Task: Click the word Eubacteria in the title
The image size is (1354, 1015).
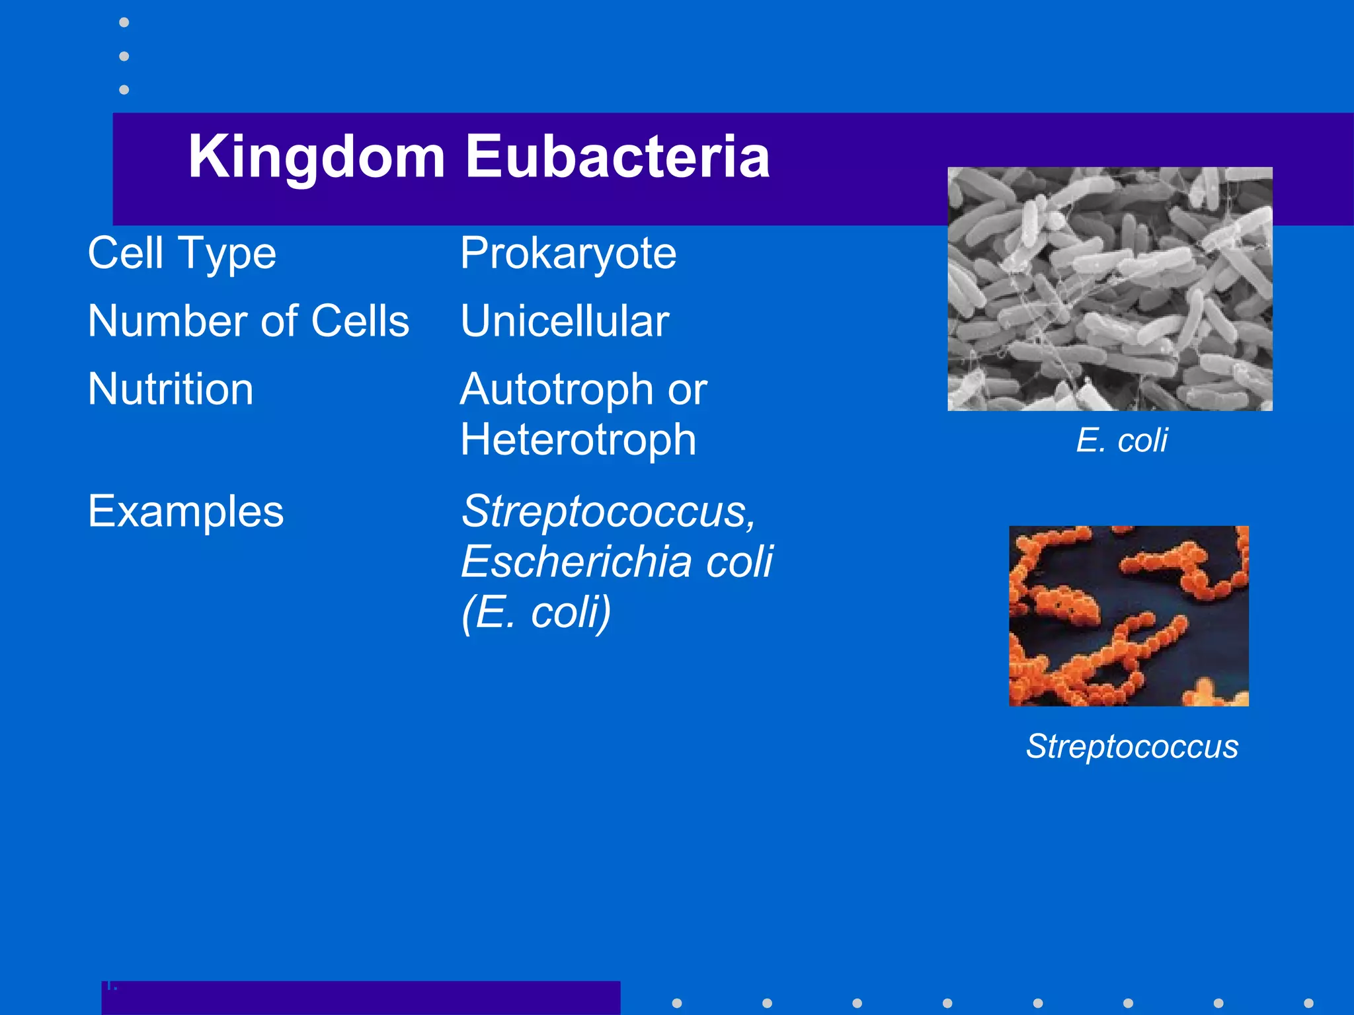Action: [617, 157]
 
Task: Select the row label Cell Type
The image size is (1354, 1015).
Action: [182, 254]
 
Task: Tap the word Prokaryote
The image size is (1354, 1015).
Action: [568, 254]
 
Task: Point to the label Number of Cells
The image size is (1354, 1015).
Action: [249, 321]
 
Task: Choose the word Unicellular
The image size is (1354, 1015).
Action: [565, 321]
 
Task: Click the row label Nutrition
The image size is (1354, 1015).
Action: [171, 389]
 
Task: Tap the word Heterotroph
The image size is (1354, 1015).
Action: [578, 440]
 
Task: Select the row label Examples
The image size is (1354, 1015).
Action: [186, 511]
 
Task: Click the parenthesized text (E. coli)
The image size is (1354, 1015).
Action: [536, 613]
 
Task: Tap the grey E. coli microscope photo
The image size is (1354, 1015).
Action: [1109, 289]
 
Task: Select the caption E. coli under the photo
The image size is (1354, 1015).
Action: [1121, 440]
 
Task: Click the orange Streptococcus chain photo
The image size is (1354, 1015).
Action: [1129, 616]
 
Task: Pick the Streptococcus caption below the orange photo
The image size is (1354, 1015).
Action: [1132, 747]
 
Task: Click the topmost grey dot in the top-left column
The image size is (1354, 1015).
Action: [124, 22]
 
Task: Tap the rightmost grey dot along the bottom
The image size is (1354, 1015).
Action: [1308, 1003]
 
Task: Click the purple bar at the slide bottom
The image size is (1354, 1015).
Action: [360, 998]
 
